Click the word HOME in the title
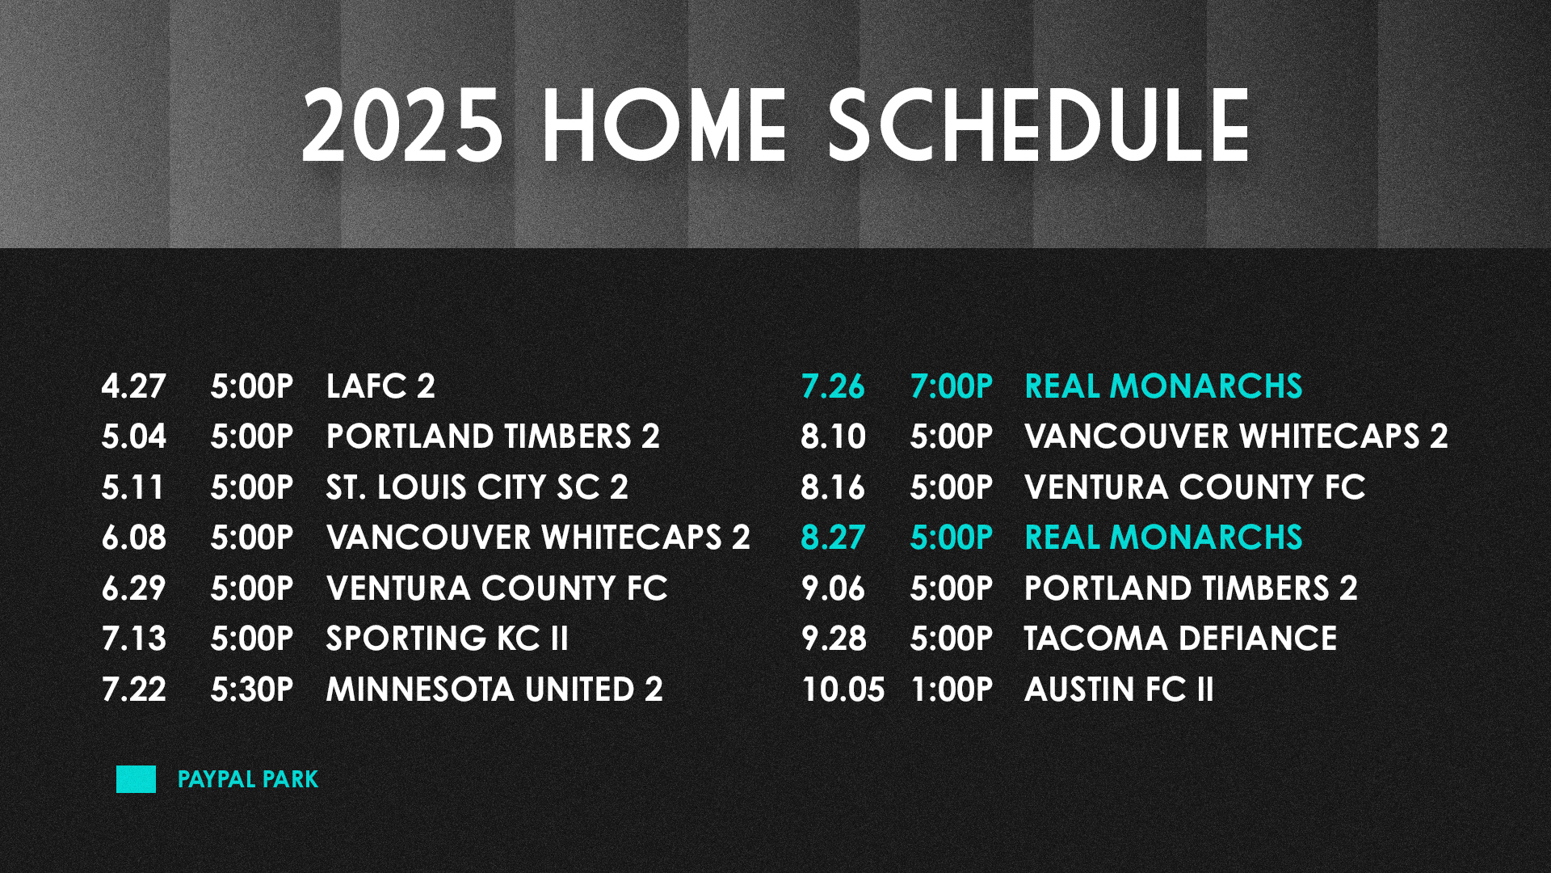[x=664, y=126]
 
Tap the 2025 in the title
[x=402, y=126]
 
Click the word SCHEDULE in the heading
[x=1040, y=126]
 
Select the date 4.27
[x=134, y=386]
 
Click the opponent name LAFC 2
[x=380, y=386]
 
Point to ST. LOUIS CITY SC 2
[x=477, y=487]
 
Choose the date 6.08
[x=134, y=538]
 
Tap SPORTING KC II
[x=448, y=639]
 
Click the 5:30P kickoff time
[x=252, y=690]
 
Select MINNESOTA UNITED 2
[x=494, y=690]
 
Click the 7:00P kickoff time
[x=952, y=386]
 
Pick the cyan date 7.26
[x=833, y=386]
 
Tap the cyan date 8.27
[x=833, y=538]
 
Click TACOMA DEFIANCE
[x=1180, y=639]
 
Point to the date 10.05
[x=843, y=690]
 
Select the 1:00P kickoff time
[x=952, y=690]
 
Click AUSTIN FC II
[x=1119, y=690]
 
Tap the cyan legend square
[x=136, y=779]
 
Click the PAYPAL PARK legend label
[x=248, y=779]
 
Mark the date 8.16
[x=833, y=487]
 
